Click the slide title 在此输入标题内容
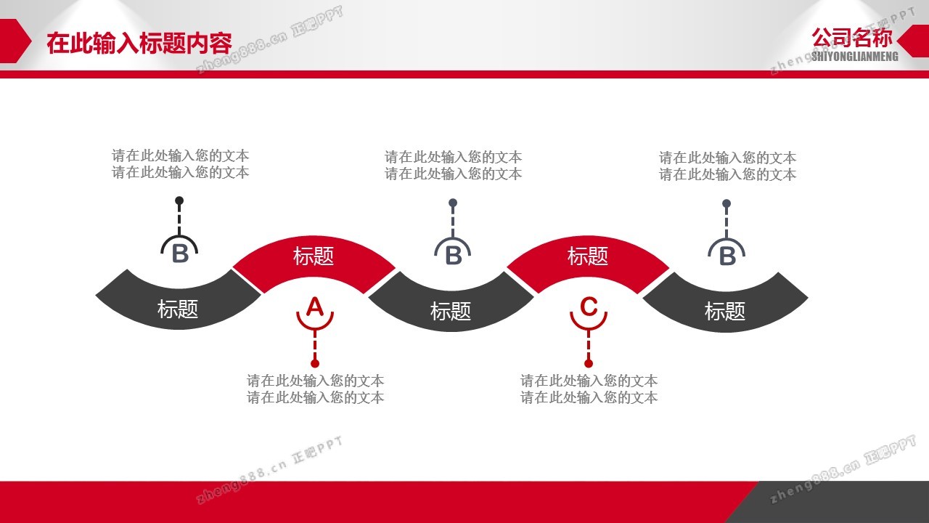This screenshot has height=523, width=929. pos(139,43)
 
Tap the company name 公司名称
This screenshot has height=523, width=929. pos(852,38)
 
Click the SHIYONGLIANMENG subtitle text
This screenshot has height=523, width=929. pos(855,57)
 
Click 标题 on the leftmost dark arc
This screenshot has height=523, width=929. pos(178,309)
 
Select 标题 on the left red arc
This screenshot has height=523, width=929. pos(314,256)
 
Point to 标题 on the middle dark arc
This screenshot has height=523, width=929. pos(451,312)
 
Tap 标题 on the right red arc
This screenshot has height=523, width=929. pos(588,256)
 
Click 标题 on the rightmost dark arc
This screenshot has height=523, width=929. pos(725,312)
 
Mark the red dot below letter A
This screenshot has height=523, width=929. pos(315,364)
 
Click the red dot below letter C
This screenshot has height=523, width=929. pos(589,364)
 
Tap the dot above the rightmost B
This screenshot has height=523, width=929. pos(727,203)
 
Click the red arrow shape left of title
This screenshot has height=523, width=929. pos(15,41)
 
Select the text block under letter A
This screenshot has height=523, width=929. pos(315,389)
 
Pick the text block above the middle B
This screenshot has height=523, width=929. pos(453,165)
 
